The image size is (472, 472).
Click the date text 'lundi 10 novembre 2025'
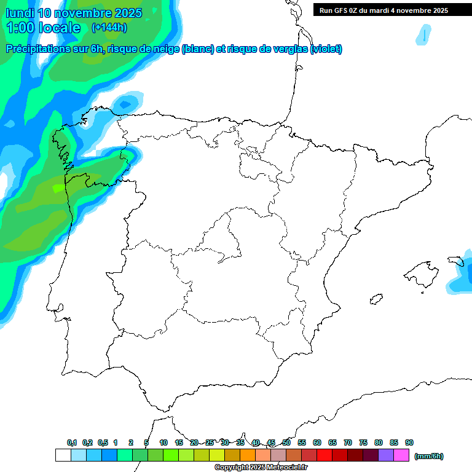(74, 13)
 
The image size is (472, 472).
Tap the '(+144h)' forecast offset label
(109, 27)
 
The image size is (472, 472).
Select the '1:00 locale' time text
(43, 28)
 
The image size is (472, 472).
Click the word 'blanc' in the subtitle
(197, 49)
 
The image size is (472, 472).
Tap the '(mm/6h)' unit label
(428, 456)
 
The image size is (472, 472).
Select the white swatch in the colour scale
(63, 455)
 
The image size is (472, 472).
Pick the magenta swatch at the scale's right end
(401, 455)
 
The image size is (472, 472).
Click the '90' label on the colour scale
(409, 442)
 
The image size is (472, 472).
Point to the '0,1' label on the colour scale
(72, 442)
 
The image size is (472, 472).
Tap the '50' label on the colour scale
(286, 442)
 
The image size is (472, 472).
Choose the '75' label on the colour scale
(363, 442)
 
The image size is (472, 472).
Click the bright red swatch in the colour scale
(324, 455)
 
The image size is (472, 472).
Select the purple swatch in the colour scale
(386, 455)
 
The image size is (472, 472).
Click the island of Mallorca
(421, 272)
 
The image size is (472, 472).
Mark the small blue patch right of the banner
(423, 35)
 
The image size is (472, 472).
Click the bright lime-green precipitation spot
(58, 187)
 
